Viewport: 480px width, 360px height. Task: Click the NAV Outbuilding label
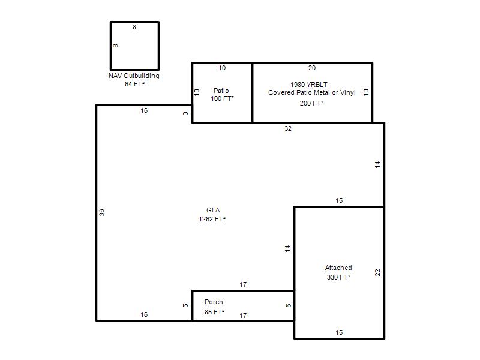coord(134,76)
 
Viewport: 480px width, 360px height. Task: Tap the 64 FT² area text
coord(134,84)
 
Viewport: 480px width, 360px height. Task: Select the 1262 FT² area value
coord(212,219)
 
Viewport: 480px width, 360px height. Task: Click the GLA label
coord(213,210)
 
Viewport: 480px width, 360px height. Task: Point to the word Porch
coord(214,302)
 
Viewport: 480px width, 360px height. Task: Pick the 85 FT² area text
coord(214,312)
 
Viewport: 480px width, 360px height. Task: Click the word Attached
coord(338,268)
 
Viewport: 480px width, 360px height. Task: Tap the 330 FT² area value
coord(338,277)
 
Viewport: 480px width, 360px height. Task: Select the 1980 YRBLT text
coord(309,85)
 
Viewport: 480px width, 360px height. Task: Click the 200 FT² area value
coord(311,103)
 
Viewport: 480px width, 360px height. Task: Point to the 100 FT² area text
coord(222,98)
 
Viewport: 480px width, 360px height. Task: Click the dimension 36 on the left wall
coord(101,212)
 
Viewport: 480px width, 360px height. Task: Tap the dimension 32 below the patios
coord(288,128)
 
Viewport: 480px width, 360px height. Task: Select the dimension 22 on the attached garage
coord(377,272)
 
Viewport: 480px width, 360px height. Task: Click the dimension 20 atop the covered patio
coord(312,68)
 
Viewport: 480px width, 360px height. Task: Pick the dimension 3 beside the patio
coord(185,113)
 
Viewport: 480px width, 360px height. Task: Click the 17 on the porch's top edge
coord(243,284)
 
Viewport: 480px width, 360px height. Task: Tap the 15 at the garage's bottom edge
coord(339,332)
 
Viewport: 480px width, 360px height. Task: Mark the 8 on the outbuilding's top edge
coord(134,27)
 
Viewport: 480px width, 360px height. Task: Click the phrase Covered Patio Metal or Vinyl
coord(312,92)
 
